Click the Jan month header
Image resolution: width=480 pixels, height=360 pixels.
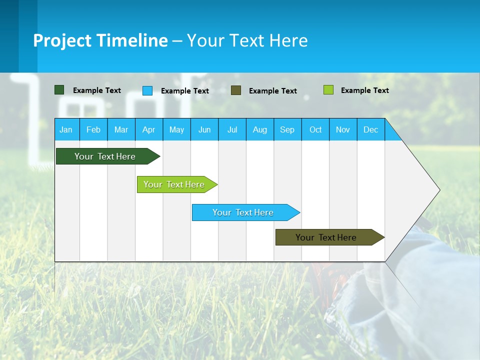66,130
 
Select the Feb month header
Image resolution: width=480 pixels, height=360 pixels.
93,130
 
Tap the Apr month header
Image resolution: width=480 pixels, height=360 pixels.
149,130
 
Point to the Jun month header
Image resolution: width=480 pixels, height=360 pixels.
204,130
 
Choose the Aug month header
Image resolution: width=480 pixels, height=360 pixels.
260,130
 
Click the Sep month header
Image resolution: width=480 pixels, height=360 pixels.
287,130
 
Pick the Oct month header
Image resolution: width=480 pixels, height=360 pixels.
315,130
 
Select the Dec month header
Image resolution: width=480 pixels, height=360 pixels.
371,130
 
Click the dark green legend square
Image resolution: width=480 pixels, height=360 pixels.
59,90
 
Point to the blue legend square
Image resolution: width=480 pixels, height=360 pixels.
147,90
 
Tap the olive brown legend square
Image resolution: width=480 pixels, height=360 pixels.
236,90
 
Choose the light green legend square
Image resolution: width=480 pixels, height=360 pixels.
328,90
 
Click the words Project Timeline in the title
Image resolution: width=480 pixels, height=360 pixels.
100,40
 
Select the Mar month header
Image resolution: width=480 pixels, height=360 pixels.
121,130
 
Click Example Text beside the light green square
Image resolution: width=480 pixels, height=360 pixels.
364,90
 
